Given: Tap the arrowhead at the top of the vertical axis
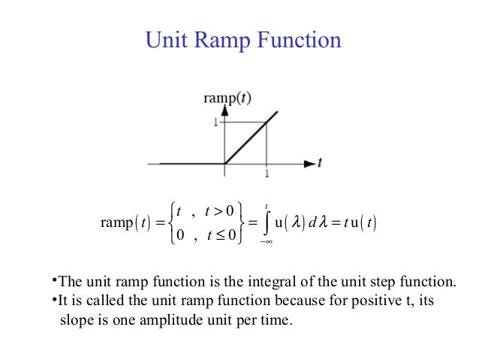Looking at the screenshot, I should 224,110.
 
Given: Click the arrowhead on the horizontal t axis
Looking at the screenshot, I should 309,163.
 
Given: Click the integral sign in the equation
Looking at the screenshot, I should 267,222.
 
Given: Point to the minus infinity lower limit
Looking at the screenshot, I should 265,242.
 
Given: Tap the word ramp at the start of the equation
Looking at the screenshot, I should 116,223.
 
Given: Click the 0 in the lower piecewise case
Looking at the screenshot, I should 181,236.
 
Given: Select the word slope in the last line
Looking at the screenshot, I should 76,319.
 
